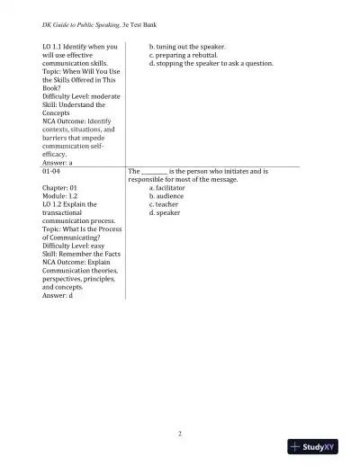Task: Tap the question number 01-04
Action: [52, 170]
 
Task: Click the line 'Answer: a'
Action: [57, 162]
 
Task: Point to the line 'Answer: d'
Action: [57, 295]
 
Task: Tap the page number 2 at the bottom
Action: [180, 434]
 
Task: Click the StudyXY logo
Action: [319, 446]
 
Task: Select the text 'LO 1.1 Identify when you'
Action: [79, 46]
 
